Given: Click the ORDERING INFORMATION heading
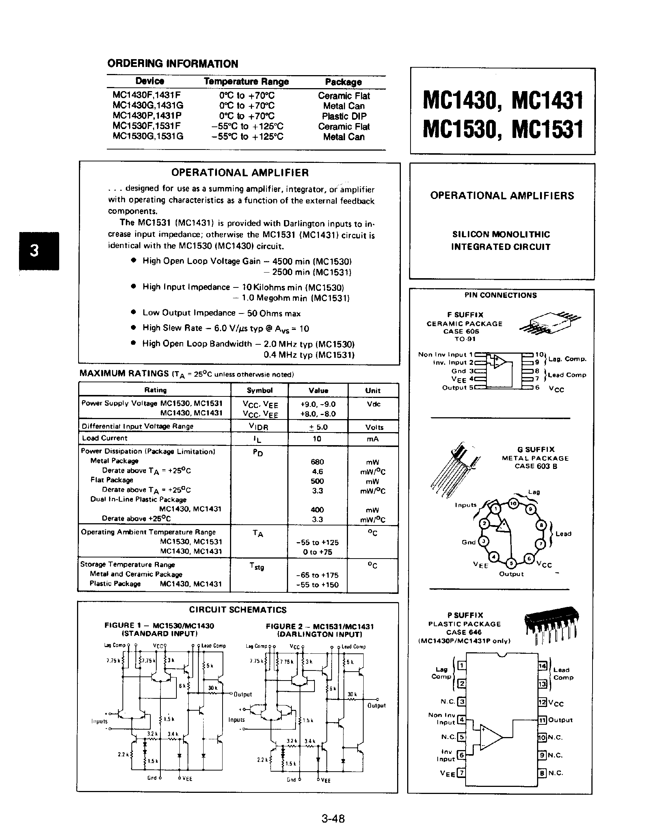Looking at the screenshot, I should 173,64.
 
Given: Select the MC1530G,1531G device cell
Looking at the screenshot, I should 148,136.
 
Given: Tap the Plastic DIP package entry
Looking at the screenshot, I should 344,116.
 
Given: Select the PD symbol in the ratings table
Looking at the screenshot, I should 258,453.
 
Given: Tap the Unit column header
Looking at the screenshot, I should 373,390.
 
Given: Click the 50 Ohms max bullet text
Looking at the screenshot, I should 274,313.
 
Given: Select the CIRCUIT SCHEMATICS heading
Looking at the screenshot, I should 238,610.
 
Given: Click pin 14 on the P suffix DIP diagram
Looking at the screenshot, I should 542,666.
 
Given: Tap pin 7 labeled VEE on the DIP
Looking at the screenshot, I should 462,773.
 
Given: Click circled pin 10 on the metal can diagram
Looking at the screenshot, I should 513,504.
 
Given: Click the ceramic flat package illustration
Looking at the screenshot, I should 550,323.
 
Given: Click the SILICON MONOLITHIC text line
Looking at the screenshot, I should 501,235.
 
